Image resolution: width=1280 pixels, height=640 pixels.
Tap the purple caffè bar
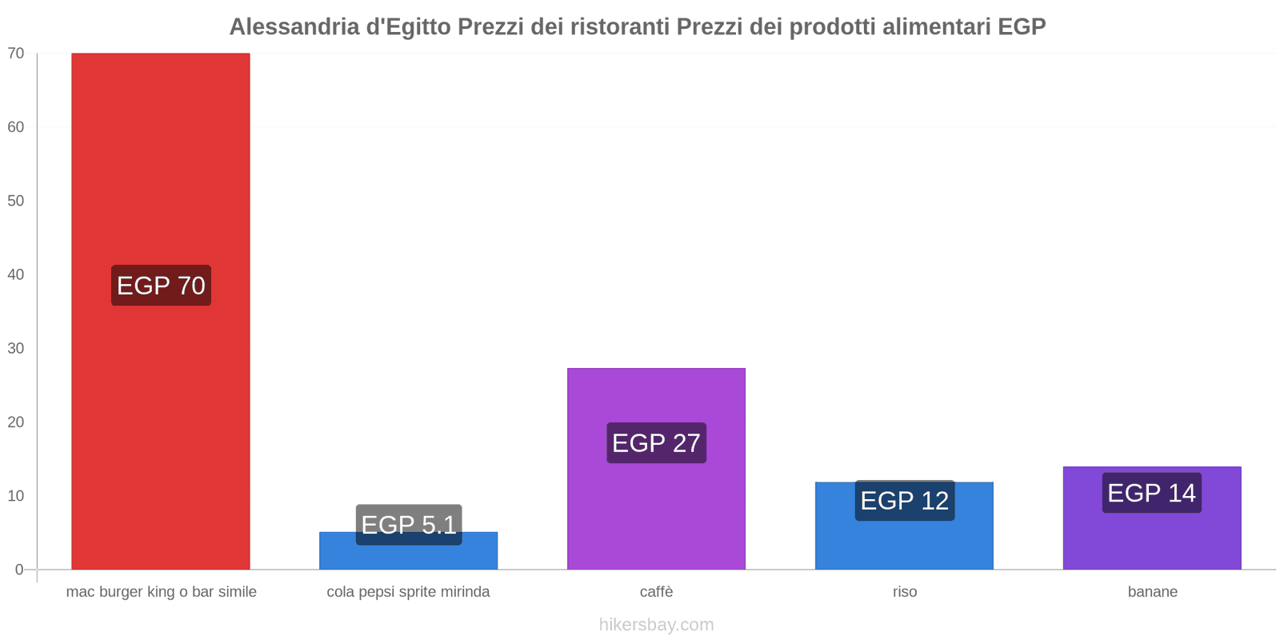point(656,512)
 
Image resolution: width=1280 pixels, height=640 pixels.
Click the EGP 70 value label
point(161,286)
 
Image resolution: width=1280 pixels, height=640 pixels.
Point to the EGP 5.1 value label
point(409,525)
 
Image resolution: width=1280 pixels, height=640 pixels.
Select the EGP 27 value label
point(656,442)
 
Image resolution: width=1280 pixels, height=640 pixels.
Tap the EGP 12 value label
point(904,501)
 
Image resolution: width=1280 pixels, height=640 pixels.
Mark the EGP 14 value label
point(1151,493)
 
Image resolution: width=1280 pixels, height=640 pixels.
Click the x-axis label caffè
point(656,592)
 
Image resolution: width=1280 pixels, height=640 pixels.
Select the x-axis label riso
point(905,592)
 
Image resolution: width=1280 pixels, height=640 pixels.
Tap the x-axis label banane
point(1152,592)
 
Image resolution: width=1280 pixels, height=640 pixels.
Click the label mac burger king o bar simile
point(161,592)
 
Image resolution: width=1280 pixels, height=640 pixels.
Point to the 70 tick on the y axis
point(16,54)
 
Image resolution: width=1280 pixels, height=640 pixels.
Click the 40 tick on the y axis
point(16,274)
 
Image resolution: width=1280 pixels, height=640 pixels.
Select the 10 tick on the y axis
point(16,496)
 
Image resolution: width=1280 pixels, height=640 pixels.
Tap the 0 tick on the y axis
point(19,570)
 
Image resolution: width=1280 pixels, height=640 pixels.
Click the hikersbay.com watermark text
point(656,625)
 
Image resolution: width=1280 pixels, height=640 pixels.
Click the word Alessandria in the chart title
point(294,27)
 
